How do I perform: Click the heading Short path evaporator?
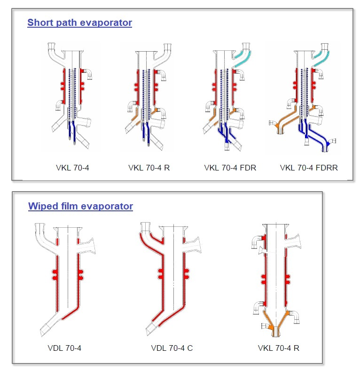(79, 23)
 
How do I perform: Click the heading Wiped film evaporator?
(80, 206)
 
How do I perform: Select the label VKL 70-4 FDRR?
(309, 168)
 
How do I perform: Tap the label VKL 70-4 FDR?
(230, 168)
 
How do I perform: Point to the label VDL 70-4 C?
(172, 348)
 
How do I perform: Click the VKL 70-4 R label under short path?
(149, 168)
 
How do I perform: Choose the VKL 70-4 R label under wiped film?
(279, 348)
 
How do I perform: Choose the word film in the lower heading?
(66, 206)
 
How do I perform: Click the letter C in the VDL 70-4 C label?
(190, 348)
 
